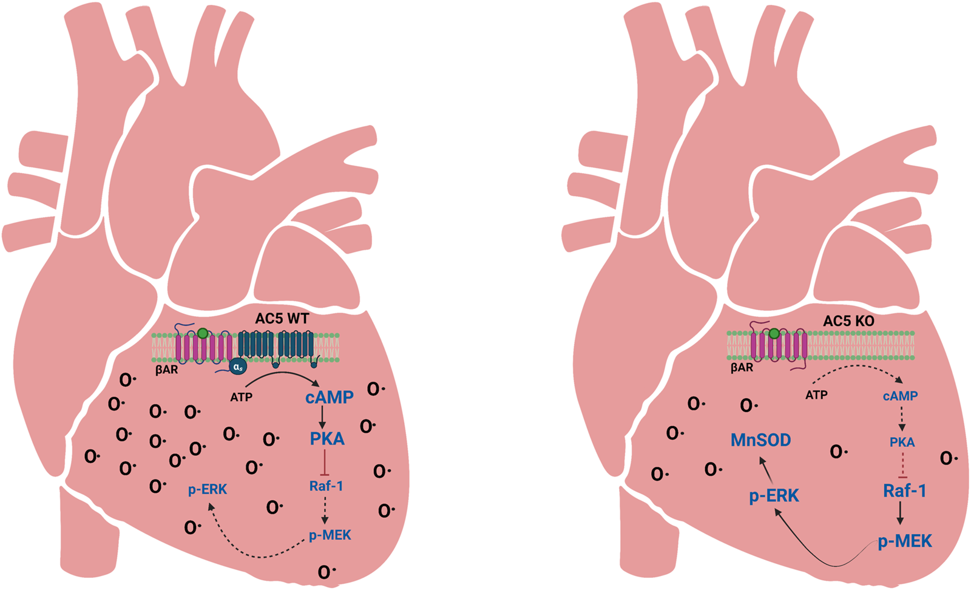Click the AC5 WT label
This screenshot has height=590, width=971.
282,319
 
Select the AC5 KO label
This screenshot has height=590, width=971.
848,321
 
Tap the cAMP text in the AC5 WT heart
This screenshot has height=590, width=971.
329,398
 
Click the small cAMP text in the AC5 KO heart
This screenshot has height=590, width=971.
900,396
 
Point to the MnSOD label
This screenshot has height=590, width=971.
760,440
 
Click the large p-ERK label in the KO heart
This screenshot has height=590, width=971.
774,496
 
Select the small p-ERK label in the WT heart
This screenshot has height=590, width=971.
208,489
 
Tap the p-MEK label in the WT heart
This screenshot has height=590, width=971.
330,535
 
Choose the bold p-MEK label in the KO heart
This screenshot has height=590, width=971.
905,541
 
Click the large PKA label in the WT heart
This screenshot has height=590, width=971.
327,439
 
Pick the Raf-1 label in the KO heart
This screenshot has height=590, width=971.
904,490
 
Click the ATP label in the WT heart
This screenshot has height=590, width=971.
241,398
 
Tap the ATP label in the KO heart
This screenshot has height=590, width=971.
816,395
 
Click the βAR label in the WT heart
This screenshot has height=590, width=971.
166,369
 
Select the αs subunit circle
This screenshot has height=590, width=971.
238,366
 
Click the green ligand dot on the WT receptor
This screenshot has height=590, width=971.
203,333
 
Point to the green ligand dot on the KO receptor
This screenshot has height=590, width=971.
774,333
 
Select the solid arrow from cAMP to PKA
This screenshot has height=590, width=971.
322,417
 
